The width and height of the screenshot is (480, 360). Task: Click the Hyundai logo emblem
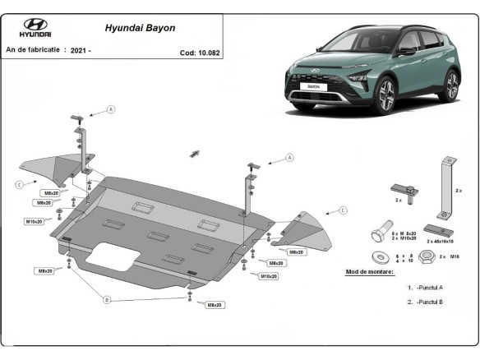pyautogui.click(x=36, y=25)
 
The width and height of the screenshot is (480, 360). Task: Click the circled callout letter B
pyautogui.click(x=106, y=300)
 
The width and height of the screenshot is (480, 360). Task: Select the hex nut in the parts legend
pyautogui.click(x=427, y=257)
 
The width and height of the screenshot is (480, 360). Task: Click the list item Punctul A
pyautogui.click(x=428, y=288)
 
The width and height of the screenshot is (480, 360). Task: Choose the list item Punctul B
pyautogui.click(x=428, y=302)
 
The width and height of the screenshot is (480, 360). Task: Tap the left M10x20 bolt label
pyautogui.click(x=35, y=222)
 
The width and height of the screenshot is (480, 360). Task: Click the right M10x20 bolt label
pyautogui.click(x=269, y=276)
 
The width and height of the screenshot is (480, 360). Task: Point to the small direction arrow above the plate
pyautogui.click(x=195, y=153)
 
